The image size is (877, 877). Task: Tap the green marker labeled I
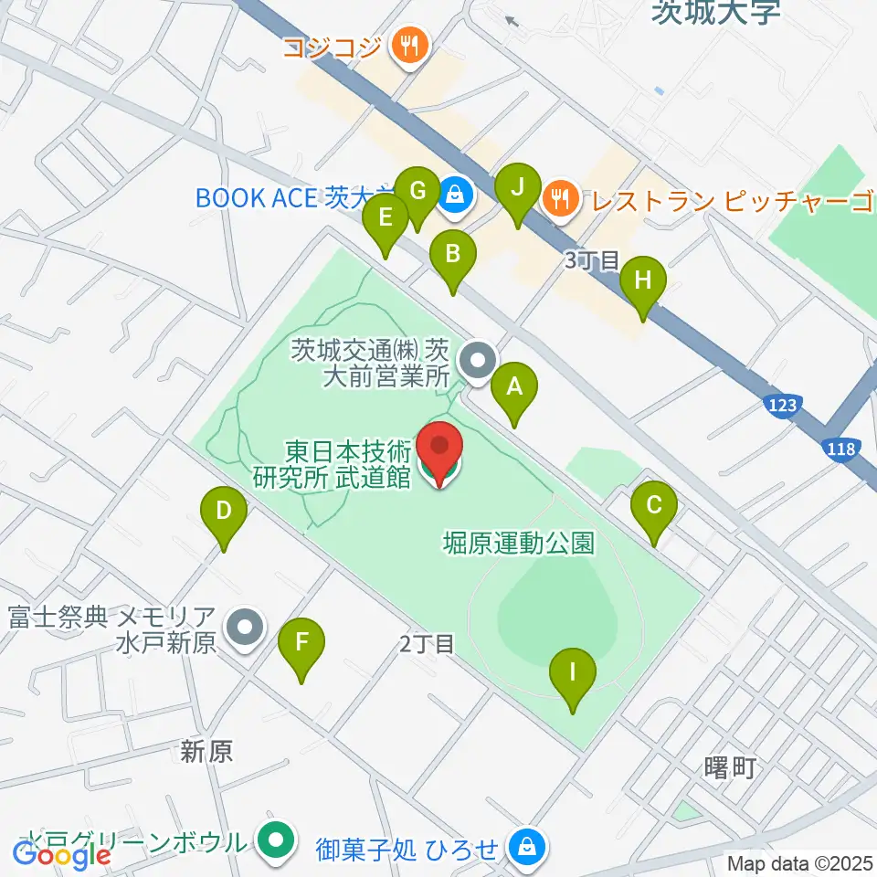573,675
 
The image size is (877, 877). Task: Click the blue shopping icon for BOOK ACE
453,195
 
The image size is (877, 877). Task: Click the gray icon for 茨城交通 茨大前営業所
476,360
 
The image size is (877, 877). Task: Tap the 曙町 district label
732,768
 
